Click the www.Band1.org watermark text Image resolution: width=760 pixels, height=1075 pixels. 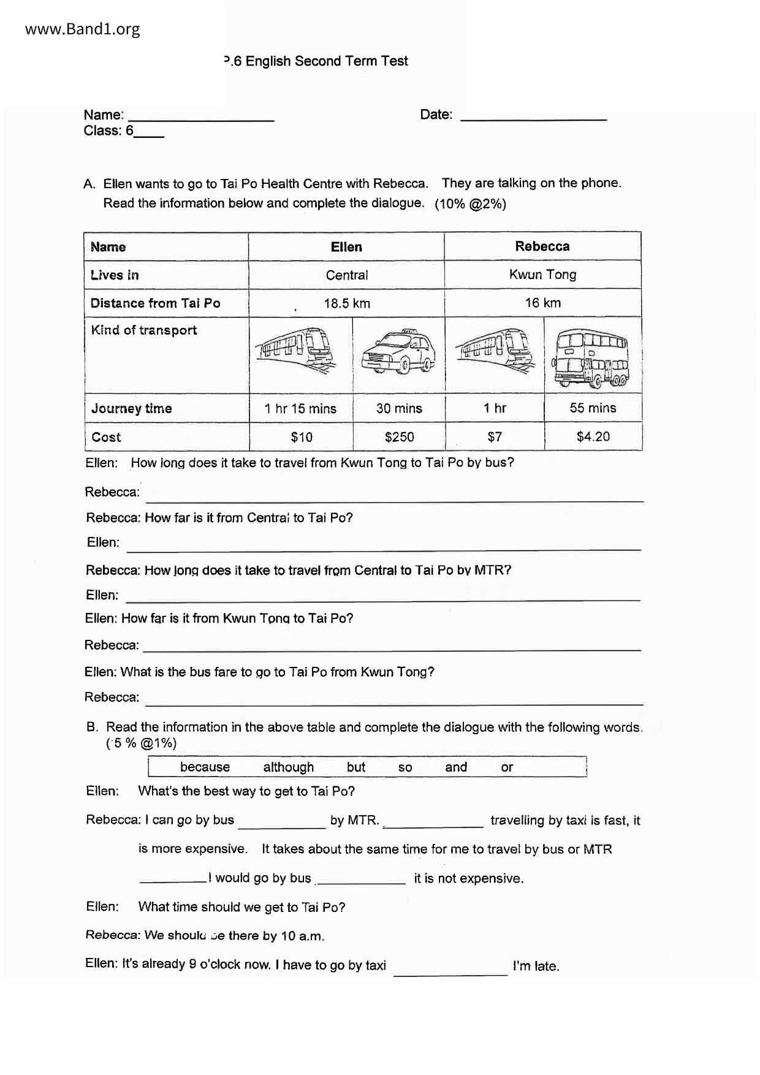[x=83, y=29]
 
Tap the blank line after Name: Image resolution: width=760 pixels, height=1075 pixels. [x=201, y=116]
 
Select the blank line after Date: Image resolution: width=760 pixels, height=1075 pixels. [x=533, y=116]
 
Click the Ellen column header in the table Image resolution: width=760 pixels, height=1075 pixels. [x=346, y=246]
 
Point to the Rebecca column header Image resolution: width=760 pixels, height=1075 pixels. [x=542, y=246]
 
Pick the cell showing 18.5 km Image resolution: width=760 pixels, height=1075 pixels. [x=346, y=303]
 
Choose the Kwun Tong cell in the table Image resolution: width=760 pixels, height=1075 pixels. [x=542, y=274]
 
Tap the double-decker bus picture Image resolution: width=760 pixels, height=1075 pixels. [x=592, y=357]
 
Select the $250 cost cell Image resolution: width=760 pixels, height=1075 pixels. [x=399, y=436]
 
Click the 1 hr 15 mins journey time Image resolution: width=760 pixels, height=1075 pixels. [x=300, y=408]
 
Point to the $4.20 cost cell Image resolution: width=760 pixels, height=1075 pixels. [x=593, y=436]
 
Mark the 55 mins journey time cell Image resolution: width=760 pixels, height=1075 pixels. [x=593, y=408]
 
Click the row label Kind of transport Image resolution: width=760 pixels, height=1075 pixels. [x=144, y=330]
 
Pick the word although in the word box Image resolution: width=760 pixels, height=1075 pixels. [x=288, y=767]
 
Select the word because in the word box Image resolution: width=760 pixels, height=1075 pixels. [x=205, y=767]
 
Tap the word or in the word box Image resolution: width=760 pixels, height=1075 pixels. [x=507, y=767]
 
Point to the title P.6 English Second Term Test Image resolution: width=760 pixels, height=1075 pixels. [x=316, y=61]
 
